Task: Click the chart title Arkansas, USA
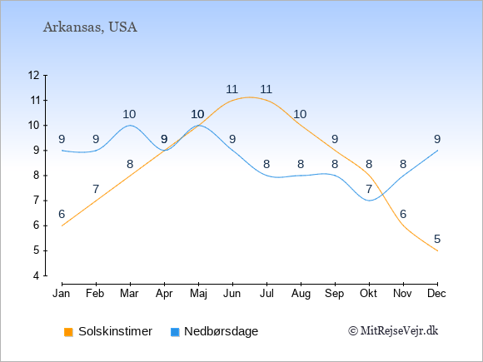click(x=90, y=27)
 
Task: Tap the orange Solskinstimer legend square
click(x=68, y=332)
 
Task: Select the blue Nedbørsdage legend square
click(x=175, y=332)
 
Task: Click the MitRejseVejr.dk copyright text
click(x=393, y=331)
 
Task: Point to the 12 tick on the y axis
click(x=34, y=75)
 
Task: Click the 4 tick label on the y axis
click(x=37, y=275)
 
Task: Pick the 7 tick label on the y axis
click(x=37, y=201)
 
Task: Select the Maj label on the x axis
click(x=198, y=294)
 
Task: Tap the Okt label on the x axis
click(x=368, y=294)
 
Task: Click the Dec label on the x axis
click(x=437, y=294)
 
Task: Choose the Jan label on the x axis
click(x=62, y=294)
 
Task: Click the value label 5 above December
click(x=437, y=239)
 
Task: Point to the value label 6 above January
click(x=62, y=214)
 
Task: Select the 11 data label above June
click(x=232, y=90)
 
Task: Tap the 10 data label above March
click(x=129, y=115)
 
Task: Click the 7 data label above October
click(x=369, y=189)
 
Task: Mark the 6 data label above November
click(x=403, y=214)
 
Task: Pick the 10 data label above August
click(x=300, y=115)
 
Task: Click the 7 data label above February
click(x=96, y=189)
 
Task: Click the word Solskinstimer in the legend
click(x=115, y=331)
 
